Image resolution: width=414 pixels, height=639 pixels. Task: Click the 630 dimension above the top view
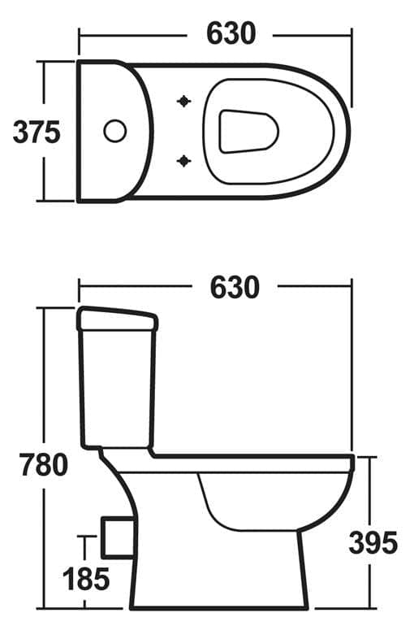231,33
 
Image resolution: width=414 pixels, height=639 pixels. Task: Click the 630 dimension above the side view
235,287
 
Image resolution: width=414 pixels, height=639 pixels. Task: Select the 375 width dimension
37,132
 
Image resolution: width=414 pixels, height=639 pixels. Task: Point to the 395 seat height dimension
373,541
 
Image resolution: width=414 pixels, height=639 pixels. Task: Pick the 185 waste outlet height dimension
86,579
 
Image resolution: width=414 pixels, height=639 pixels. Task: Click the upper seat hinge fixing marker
184,101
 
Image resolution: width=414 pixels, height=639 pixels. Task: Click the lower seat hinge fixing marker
184,161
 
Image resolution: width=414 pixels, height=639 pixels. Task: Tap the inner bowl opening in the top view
248,131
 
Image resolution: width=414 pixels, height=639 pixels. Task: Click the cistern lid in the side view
116,319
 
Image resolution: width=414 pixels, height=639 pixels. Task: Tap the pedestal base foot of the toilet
219,602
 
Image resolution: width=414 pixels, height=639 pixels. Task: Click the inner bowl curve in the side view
244,512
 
